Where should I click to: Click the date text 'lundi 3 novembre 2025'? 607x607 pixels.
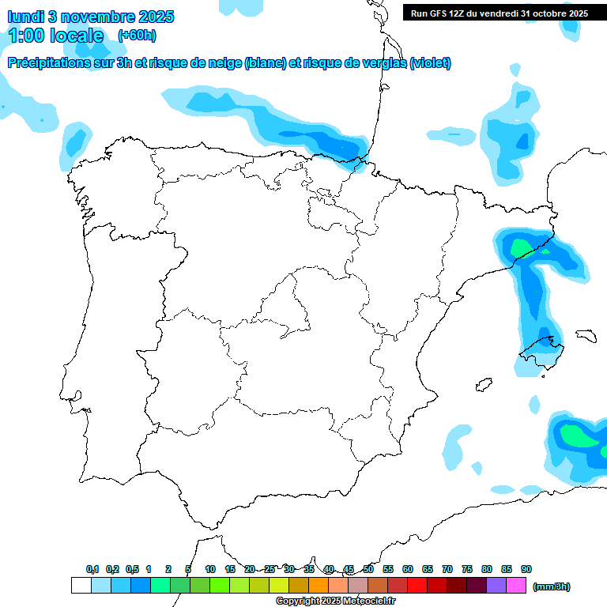click(x=91, y=17)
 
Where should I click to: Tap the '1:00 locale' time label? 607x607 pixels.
click(x=56, y=36)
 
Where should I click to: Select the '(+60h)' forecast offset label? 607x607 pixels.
click(x=137, y=36)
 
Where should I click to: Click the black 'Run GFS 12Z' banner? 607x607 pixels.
click(x=500, y=13)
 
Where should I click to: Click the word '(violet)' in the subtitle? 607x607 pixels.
click(x=431, y=63)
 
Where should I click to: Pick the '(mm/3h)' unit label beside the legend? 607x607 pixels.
click(x=552, y=586)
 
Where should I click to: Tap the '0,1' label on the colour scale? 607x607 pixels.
click(x=92, y=569)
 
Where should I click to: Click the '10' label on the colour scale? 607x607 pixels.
click(x=210, y=569)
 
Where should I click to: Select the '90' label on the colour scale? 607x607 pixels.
click(x=526, y=569)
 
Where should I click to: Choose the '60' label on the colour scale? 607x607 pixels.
click(x=408, y=569)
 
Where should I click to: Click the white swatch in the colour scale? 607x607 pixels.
click(x=81, y=586)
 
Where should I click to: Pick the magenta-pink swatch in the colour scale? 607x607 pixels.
click(x=516, y=586)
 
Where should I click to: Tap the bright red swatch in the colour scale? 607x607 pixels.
click(x=417, y=586)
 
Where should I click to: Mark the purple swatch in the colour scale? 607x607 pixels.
click(x=496, y=586)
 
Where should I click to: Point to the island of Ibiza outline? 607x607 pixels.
click(x=482, y=386)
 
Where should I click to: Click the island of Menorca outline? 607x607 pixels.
click(x=586, y=335)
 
